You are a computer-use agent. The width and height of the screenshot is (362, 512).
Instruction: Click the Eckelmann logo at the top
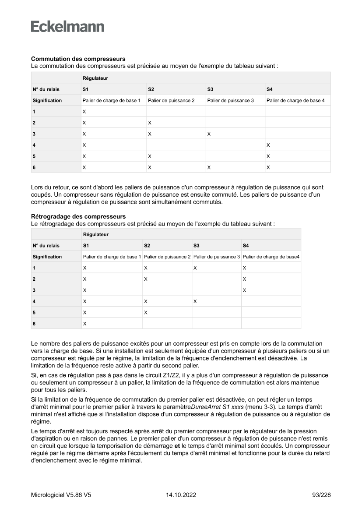(x=67, y=27)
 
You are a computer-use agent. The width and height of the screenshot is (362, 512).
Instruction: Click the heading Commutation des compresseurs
(x=78, y=59)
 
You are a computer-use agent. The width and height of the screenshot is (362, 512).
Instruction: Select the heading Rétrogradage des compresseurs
(x=78, y=216)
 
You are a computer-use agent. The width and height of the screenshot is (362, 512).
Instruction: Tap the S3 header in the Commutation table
(x=210, y=89)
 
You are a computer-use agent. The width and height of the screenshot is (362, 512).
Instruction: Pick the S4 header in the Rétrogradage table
(x=246, y=246)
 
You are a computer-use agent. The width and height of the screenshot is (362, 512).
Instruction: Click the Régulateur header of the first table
(x=95, y=78)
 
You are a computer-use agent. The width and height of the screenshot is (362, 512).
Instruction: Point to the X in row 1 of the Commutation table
(x=84, y=112)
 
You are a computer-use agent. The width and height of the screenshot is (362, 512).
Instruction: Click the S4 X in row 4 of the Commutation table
(x=268, y=145)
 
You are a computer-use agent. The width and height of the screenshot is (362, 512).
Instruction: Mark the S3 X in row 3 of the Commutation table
(x=209, y=134)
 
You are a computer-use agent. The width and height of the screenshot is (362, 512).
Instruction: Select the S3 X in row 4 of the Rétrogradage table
(x=195, y=301)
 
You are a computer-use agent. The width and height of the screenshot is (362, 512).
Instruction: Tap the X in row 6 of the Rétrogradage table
(x=84, y=324)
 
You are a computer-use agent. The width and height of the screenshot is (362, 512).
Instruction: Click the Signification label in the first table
(x=47, y=100)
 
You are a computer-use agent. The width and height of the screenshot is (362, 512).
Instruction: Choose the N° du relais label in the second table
(x=46, y=246)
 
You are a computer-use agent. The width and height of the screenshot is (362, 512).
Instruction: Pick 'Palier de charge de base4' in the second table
(x=271, y=257)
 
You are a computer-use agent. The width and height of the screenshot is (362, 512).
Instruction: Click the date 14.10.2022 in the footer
(x=181, y=495)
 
